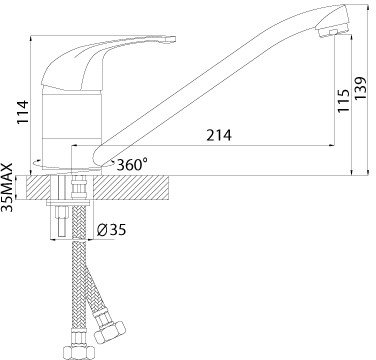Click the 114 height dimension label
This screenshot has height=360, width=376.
pos(23,112)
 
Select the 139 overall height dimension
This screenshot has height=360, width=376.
pos(360,88)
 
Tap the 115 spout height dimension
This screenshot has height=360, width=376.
pos(343,101)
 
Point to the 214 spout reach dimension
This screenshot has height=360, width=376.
pos(219,136)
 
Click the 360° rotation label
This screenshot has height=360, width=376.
pos(132,164)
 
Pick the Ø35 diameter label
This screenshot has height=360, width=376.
pos(111,230)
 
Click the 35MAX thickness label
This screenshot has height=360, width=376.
pos(7,187)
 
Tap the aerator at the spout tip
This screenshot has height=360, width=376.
pos(333,32)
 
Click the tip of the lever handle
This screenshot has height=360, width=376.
pos(173,39)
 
